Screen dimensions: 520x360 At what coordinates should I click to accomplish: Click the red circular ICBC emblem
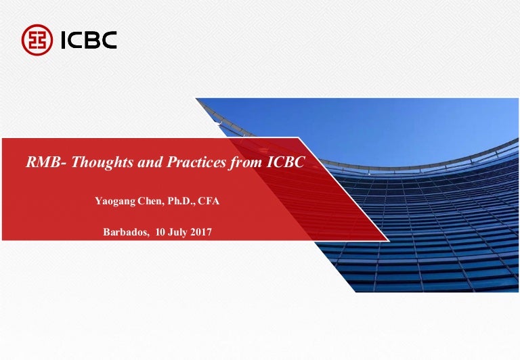point(37,40)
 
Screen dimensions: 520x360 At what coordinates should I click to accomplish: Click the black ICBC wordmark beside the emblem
point(89,40)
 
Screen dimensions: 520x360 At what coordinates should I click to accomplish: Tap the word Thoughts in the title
point(102,162)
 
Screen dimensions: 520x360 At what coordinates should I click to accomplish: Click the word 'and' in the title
point(150,162)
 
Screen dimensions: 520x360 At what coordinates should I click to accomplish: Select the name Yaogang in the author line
point(115,201)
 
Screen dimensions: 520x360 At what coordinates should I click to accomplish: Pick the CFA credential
point(209,201)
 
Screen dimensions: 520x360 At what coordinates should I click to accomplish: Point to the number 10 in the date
point(160,231)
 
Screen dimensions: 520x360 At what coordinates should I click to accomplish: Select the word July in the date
point(177,232)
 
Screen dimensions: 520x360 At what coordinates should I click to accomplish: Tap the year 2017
point(201,231)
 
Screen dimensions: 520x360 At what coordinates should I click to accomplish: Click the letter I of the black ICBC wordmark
point(64,40)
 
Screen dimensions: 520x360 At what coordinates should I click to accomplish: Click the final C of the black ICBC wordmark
point(109,40)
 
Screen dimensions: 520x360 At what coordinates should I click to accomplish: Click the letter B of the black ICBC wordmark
point(91,40)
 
